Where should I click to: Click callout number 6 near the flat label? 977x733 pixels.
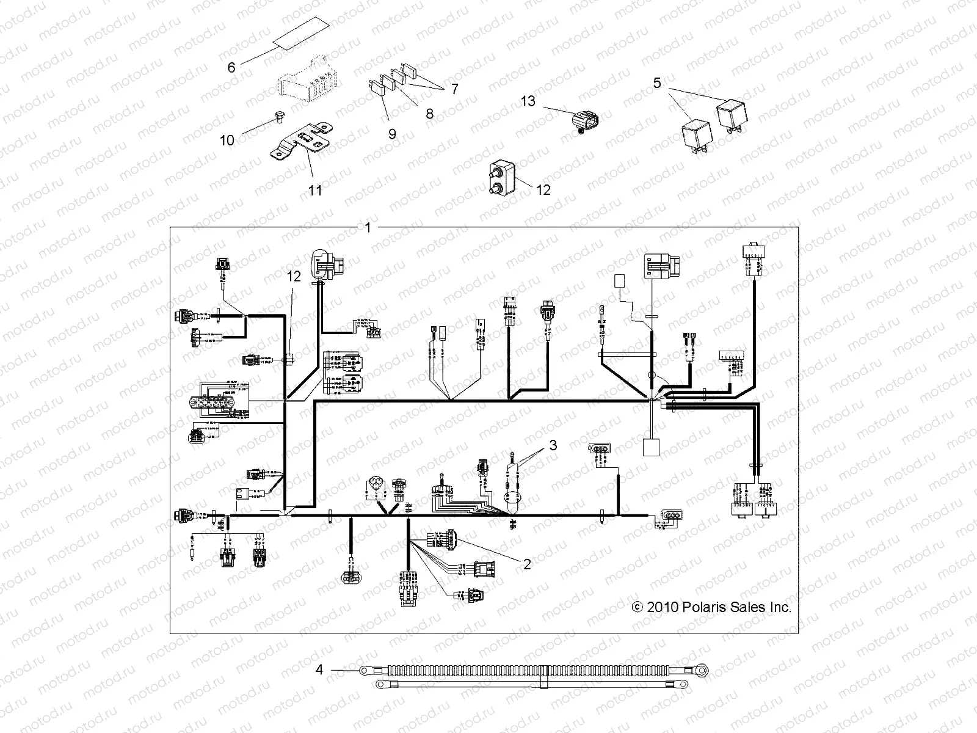click(231, 67)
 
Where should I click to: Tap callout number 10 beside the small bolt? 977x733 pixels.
click(227, 140)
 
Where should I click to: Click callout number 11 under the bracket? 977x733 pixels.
click(314, 190)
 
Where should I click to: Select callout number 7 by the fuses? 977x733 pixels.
click(454, 89)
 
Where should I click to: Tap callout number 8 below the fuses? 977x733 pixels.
click(429, 114)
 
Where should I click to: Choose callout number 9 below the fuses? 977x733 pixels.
click(392, 134)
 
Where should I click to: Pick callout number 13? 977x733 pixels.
click(528, 100)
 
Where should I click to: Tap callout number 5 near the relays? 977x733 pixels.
click(657, 82)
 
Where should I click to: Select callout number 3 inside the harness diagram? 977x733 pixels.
click(553, 445)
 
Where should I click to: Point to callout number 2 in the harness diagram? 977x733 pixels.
click(527, 564)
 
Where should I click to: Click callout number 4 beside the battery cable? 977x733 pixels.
click(319, 670)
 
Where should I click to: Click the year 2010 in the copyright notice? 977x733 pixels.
click(662, 607)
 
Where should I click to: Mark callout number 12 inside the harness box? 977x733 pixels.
click(294, 276)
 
